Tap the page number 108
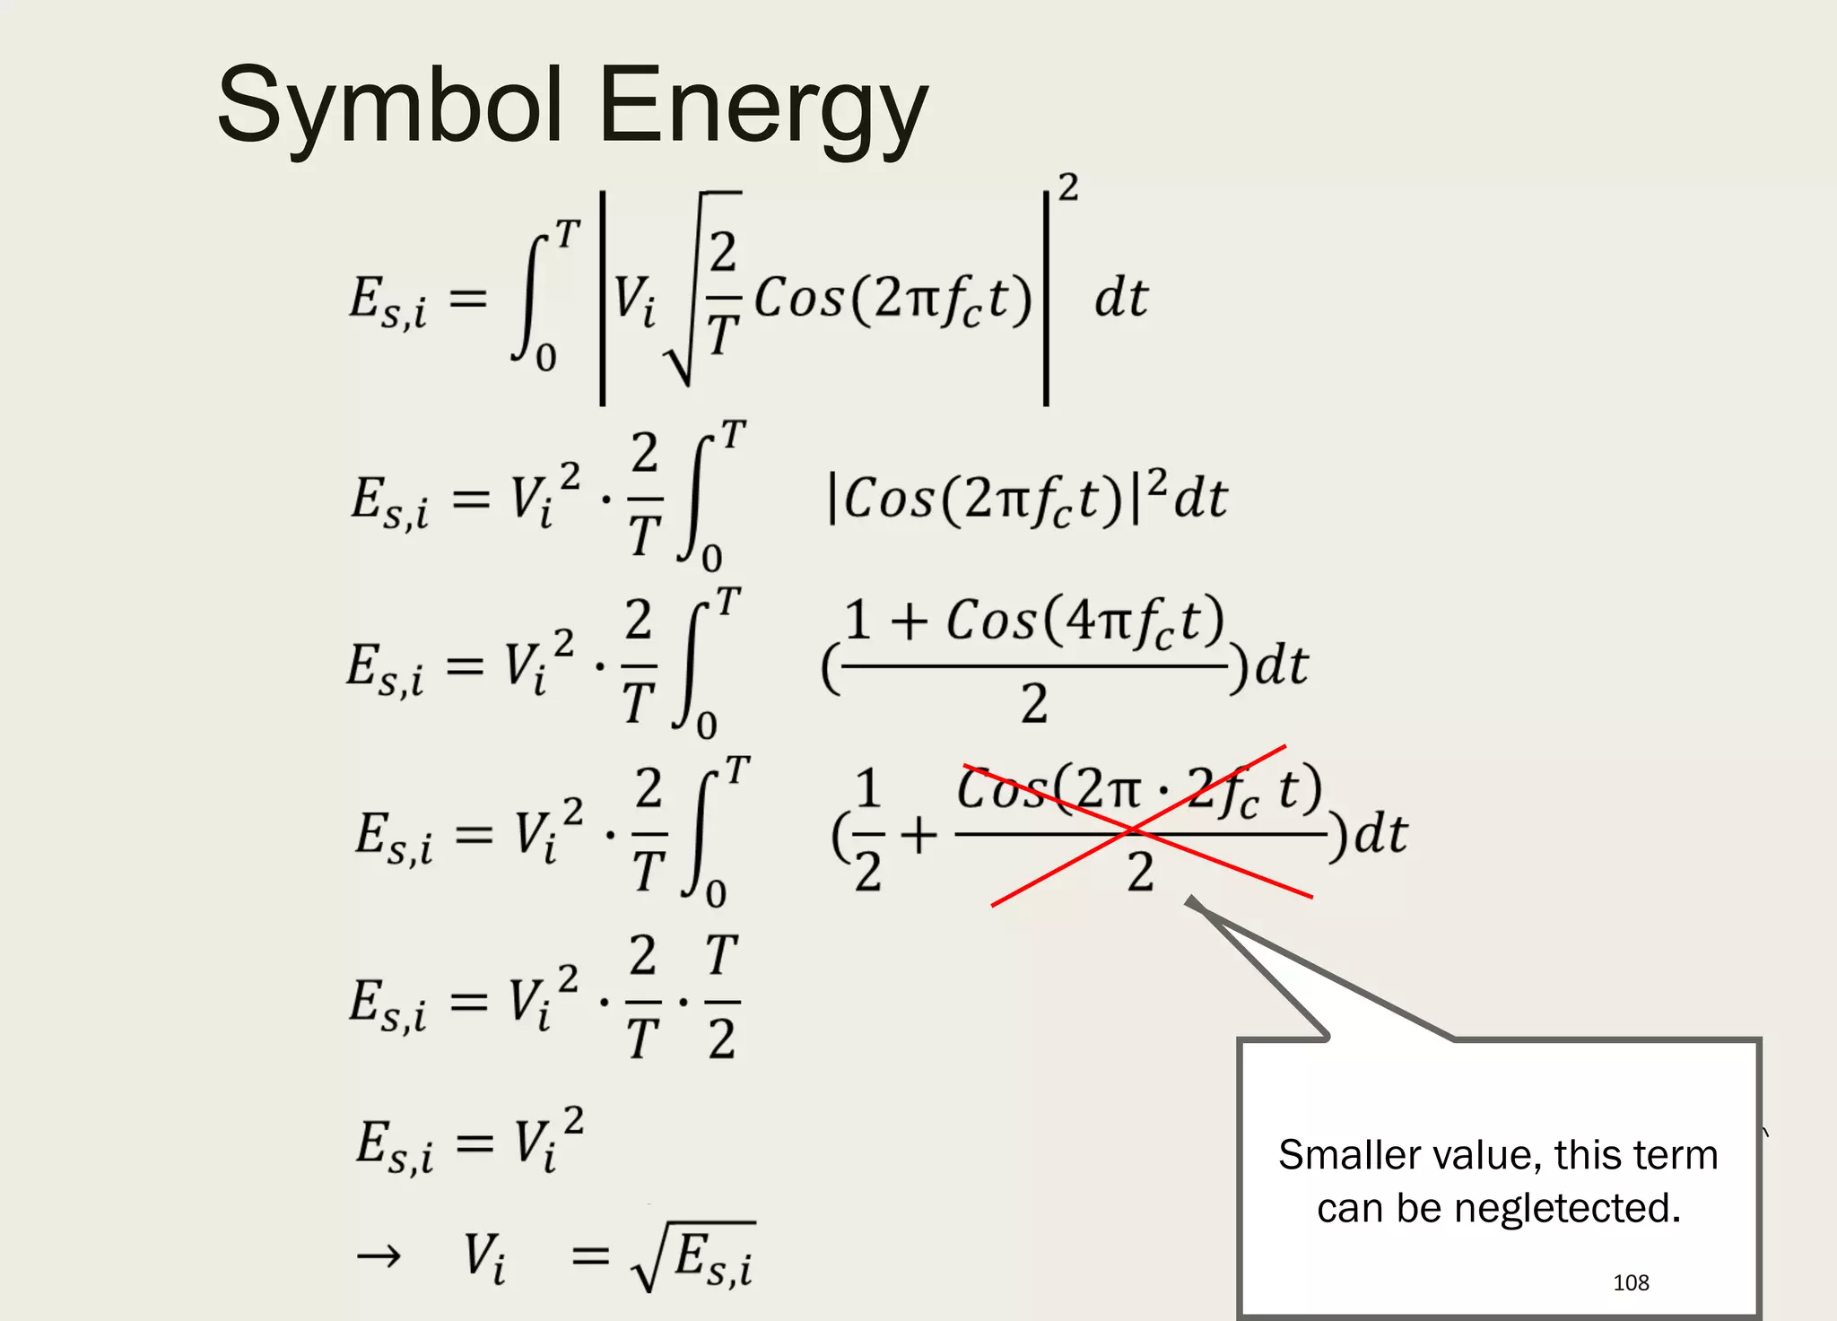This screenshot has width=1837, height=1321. pos(1630,1282)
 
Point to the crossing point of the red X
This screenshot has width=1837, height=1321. pos(1133,830)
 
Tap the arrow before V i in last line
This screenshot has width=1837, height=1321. pos(379,1257)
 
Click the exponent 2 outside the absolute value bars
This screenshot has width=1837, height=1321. pos(1067,188)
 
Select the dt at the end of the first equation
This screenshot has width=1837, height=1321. pos(1120,298)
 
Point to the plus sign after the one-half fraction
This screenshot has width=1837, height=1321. pos(918,836)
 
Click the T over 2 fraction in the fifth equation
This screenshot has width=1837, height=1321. pos(721,997)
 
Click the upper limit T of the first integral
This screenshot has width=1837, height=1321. pos(568,235)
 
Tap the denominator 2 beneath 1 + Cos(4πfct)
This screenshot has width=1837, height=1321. pos(1033,703)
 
